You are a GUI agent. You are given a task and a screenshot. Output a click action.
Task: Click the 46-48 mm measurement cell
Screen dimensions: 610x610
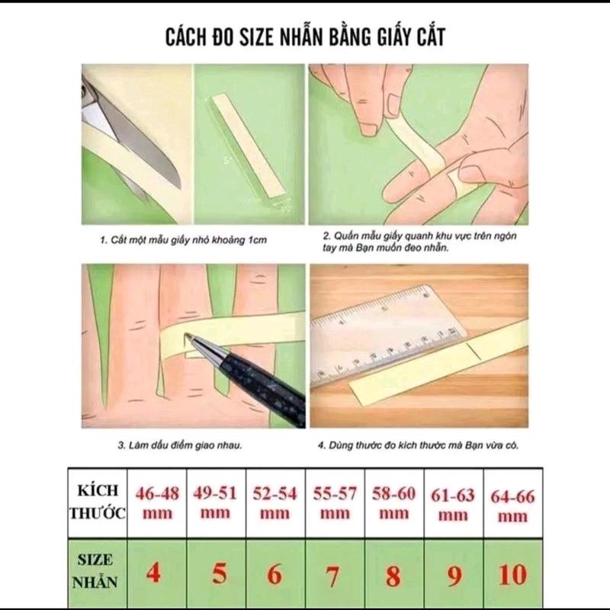coord(157,503)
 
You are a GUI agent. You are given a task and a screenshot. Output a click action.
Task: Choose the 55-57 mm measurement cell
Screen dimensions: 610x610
coord(335,503)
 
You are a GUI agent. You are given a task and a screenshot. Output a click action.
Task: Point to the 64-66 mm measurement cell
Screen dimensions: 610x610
coord(512,503)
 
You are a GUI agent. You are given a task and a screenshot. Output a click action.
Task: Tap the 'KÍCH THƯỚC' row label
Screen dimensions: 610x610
coord(98,502)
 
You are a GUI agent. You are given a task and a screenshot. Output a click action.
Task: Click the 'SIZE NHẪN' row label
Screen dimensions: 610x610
coord(95,571)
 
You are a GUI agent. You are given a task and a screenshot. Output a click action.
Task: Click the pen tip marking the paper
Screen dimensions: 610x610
coord(187,335)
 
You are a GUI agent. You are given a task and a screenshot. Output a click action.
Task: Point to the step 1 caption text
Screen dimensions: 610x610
coord(184,240)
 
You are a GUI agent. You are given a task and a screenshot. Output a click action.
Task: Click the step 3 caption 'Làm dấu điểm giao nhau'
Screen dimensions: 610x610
coord(180,445)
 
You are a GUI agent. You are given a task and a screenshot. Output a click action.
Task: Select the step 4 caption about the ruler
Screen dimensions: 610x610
coord(418,445)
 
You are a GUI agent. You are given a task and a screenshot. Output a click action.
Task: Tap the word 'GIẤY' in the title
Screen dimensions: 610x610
coord(394,37)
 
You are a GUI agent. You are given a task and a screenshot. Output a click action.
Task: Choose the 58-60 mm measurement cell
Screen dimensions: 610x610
coord(393,503)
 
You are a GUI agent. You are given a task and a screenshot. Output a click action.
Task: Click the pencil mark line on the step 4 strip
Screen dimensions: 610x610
coord(475,351)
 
